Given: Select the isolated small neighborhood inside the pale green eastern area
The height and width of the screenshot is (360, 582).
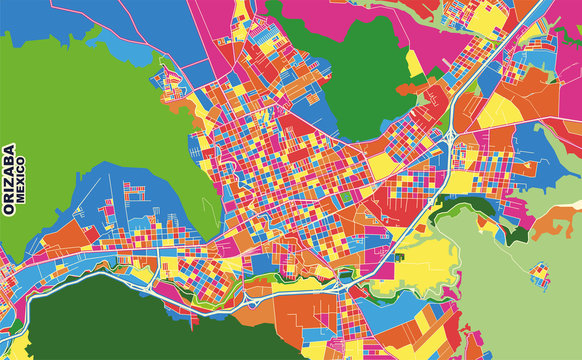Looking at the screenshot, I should tap(539, 272).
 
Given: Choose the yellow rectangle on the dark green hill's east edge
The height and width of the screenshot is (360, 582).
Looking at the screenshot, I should tap(414, 62).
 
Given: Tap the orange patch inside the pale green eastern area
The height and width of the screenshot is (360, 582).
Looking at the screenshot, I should tap(555, 225).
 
